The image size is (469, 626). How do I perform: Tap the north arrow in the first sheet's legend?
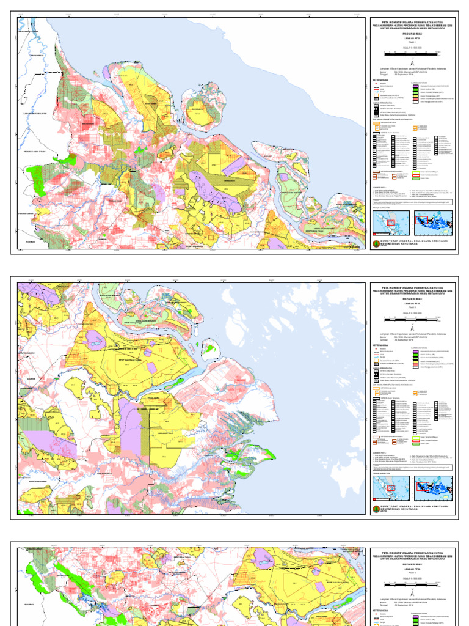413,63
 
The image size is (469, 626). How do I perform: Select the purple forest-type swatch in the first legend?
416,87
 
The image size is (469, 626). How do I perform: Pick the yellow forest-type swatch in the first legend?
416,96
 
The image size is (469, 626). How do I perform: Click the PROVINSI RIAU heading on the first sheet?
413,33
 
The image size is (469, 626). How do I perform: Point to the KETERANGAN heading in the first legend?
380,79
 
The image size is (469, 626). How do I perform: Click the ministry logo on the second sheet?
375,507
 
